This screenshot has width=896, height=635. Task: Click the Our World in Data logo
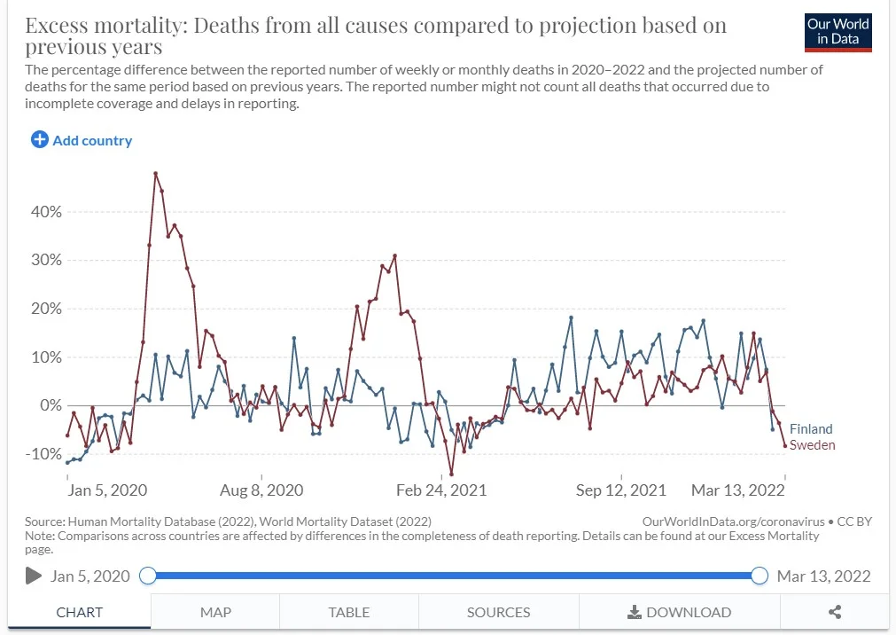(x=838, y=31)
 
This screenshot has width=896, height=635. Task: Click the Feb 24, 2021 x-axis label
(x=441, y=490)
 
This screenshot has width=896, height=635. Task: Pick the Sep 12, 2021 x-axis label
(x=620, y=490)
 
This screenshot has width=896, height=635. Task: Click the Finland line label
(x=811, y=429)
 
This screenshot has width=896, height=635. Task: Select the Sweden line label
(x=812, y=445)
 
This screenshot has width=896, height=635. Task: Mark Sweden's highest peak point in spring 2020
(x=155, y=174)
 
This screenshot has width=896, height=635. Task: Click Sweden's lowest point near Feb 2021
(x=451, y=474)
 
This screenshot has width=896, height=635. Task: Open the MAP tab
(x=215, y=612)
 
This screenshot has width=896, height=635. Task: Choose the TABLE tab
(x=349, y=612)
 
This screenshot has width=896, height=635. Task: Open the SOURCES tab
(x=498, y=612)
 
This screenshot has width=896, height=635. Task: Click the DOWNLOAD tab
(x=680, y=612)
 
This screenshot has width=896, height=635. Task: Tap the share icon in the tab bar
(x=834, y=612)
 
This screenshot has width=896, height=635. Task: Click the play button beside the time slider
(x=34, y=576)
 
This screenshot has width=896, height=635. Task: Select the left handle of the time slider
(x=148, y=576)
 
